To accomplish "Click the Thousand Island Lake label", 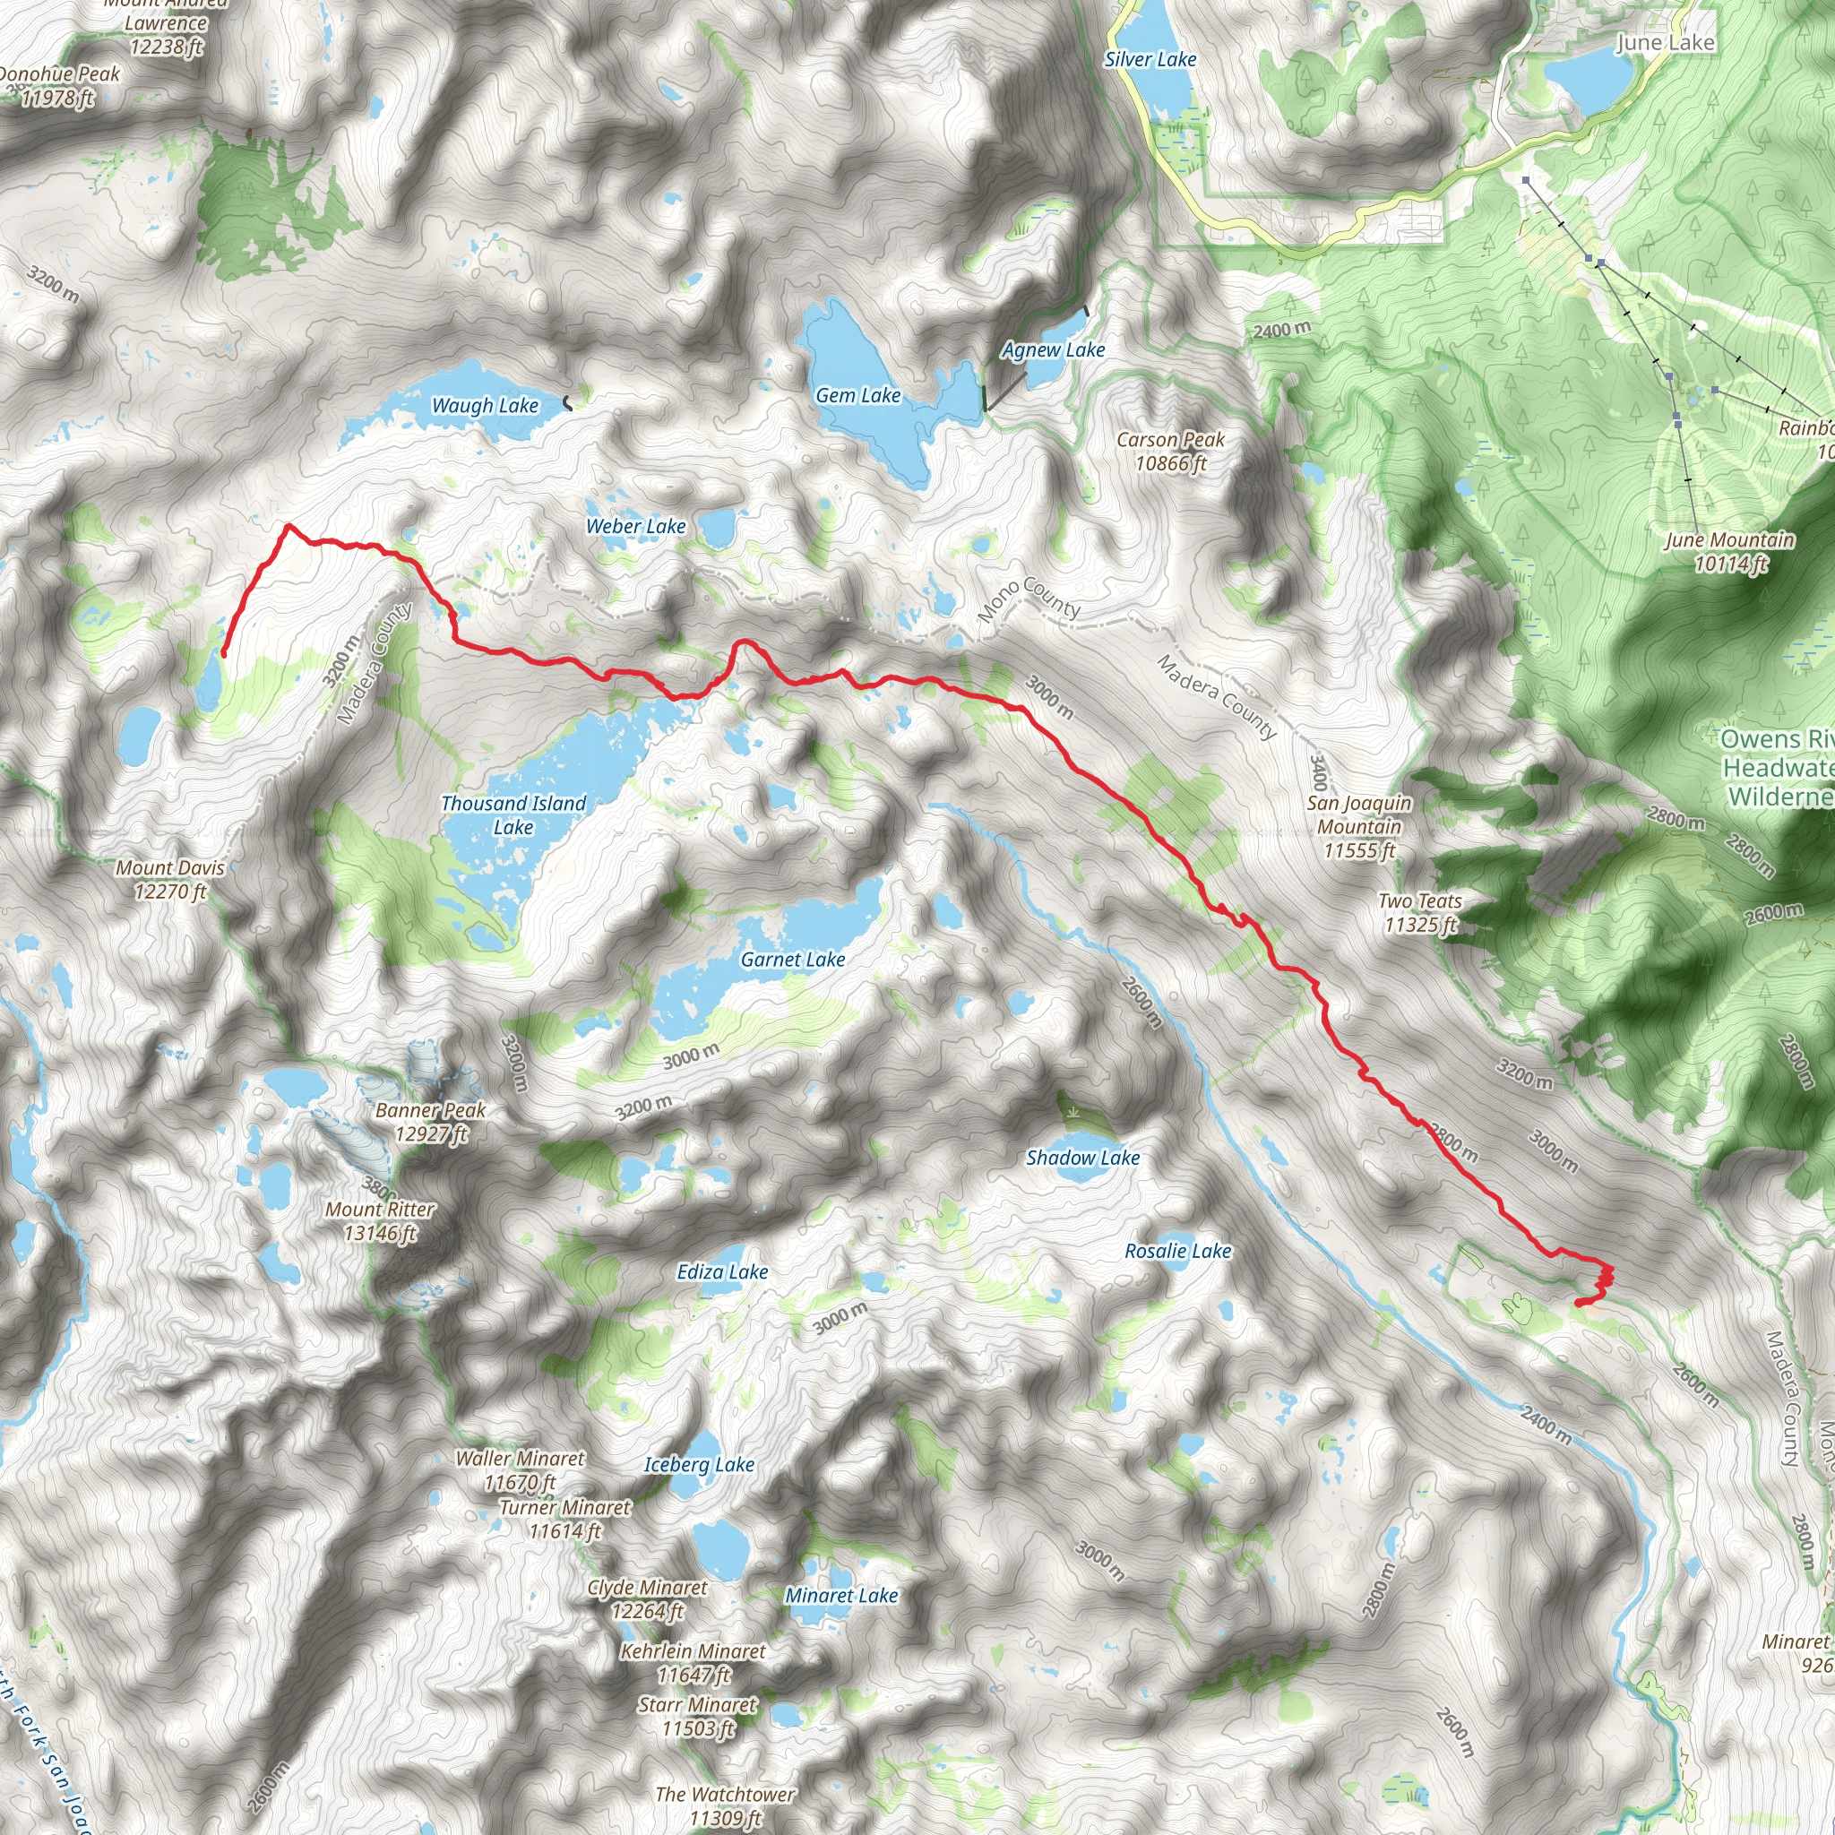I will pyautogui.click(x=513, y=815).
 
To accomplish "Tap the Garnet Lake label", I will pyautogui.click(x=792, y=960).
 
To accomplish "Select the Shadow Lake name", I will pyautogui.click(x=1081, y=1157).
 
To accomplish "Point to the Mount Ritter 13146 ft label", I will pyautogui.click(x=380, y=1220).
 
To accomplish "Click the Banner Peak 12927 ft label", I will pyautogui.click(x=430, y=1122).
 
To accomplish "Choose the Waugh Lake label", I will pyautogui.click(x=485, y=406).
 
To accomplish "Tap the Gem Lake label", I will pyautogui.click(x=857, y=395).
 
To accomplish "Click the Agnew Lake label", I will pyautogui.click(x=1054, y=349).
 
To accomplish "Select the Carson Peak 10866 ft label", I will pyautogui.click(x=1170, y=452).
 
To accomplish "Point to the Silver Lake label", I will pyautogui.click(x=1150, y=59).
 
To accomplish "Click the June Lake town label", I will pyautogui.click(x=1665, y=42).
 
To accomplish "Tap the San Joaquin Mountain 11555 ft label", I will pyautogui.click(x=1358, y=826).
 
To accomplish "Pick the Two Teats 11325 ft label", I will pyautogui.click(x=1419, y=913).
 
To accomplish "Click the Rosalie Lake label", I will pyautogui.click(x=1176, y=1251).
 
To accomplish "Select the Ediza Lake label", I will pyautogui.click(x=722, y=1271).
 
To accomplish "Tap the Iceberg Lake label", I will pyautogui.click(x=699, y=1465).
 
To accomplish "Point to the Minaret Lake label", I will pyautogui.click(x=840, y=1596).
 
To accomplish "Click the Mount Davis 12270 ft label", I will pyautogui.click(x=170, y=879).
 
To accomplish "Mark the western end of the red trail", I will pyautogui.click(x=224, y=653).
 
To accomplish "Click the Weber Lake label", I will pyautogui.click(x=635, y=526).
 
